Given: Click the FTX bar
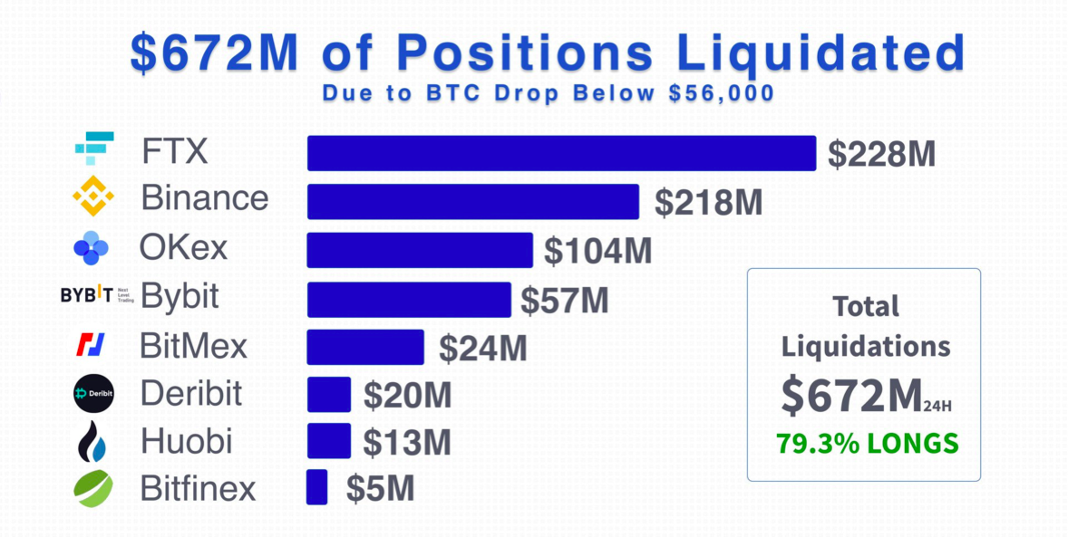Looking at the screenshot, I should coord(561,153).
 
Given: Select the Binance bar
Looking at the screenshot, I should coord(473,202).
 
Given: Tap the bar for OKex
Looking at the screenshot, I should coord(420,250).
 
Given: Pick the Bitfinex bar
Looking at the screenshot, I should coord(317,487).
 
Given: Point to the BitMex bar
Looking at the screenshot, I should coord(365,348).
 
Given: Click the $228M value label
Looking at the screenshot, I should coord(881,155).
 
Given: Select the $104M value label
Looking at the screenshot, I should coord(597,252).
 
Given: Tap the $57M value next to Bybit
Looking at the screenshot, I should coord(564,300).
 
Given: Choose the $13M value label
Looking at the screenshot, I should coord(406,442).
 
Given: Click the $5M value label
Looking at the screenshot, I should coord(380,489).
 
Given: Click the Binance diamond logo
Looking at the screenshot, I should coord(93,197).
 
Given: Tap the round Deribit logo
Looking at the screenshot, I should coord(93,393).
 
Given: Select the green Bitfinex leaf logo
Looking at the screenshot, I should coord(93,489).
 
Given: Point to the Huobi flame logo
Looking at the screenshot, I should coord(92,441).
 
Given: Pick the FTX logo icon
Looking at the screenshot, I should coord(94,148).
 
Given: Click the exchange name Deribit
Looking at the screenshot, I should coord(191,394).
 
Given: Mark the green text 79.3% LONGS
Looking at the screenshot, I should coord(867,444).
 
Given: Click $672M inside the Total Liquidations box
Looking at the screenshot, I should coord(850,397).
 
